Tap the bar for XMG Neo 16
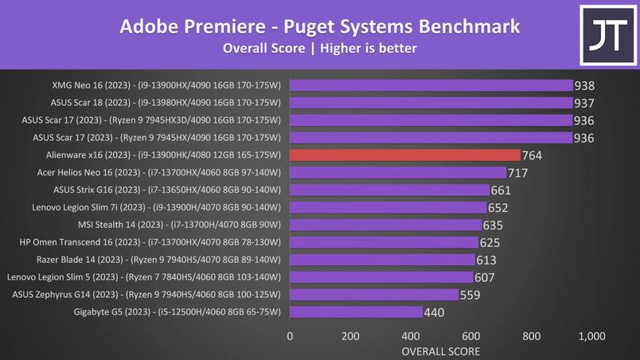tap(431, 85)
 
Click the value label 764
tap(532, 155)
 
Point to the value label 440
tap(435, 312)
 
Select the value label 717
tap(518, 173)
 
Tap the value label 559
tap(470, 295)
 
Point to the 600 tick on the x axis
tap(471, 336)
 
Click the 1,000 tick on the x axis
tap(591, 336)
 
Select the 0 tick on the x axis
tap(290, 336)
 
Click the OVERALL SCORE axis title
tap(440, 350)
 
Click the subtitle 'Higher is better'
tap(369, 49)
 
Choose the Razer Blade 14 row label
tap(158, 260)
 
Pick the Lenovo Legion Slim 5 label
tap(143, 277)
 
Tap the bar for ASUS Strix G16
tap(389, 190)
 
